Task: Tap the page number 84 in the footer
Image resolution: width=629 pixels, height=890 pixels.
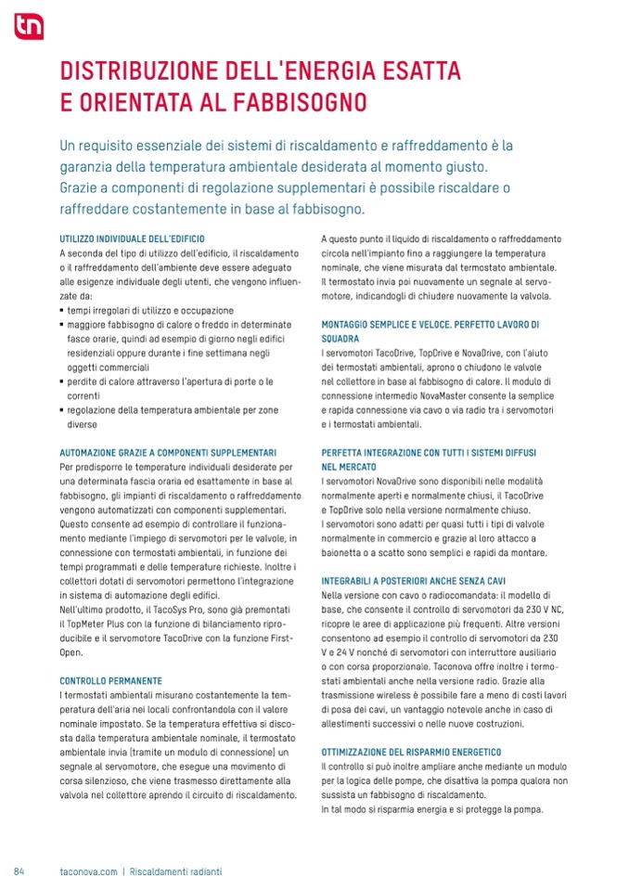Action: pos(19,871)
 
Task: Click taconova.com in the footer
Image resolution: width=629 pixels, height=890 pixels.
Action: pos(88,871)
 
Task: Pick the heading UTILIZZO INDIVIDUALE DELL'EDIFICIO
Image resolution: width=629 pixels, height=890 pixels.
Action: pos(131,239)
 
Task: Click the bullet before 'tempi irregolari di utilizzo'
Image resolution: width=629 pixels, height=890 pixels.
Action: pos(60,311)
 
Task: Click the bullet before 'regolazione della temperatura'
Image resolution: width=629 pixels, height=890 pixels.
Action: pos(60,411)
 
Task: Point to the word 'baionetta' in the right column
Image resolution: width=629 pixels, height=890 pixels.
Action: pos(340,553)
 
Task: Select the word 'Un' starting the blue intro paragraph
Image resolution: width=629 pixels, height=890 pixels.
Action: pos(67,147)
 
